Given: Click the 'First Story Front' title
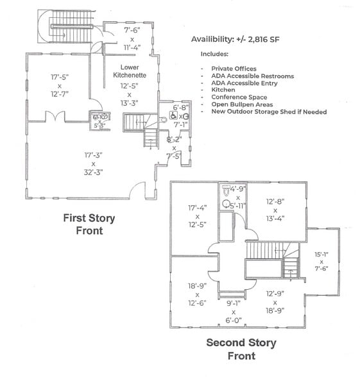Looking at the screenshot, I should tap(89, 224).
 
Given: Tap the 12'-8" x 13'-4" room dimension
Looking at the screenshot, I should tap(275, 210).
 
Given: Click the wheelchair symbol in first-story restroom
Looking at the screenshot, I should tap(173, 117).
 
